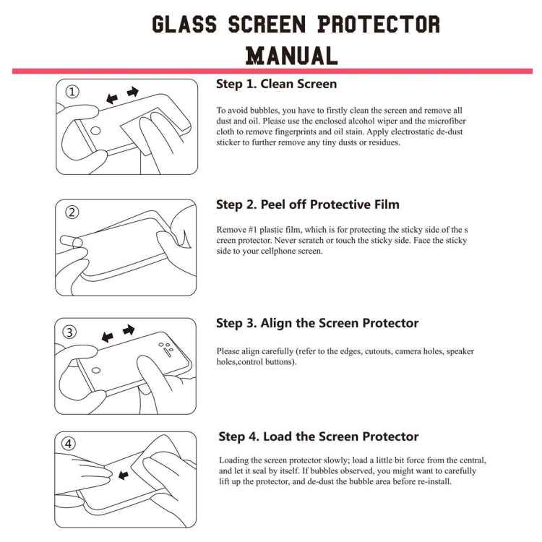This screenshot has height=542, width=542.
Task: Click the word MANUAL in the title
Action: pyautogui.click(x=292, y=55)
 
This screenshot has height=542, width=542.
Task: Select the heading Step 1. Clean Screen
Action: pyautogui.click(x=276, y=84)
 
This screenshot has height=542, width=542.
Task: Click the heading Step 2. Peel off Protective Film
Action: pyautogui.click(x=308, y=205)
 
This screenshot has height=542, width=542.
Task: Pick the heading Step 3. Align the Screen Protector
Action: pyautogui.click(x=317, y=323)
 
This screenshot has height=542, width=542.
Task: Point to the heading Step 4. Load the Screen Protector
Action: pyautogui.click(x=319, y=436)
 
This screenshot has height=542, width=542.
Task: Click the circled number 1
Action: pyautogui.click(x=72, y=92)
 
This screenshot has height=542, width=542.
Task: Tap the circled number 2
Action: pyautogui.click(x=72, y=212)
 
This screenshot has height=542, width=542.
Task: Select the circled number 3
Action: pyautogui.click(x=70, y=332)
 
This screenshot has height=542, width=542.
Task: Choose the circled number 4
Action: pyautogui.click(x=71, y=444)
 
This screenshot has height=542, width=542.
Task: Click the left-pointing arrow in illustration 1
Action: pyautogui.click(x=111, y=98)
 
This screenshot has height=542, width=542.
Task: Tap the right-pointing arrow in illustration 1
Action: pyautogui.click(x=132, y=92)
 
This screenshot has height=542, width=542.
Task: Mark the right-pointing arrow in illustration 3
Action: pyautogui.click(x=129, y=330)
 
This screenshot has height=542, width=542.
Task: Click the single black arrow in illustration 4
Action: pyautogui.click(x=124, y=475)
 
